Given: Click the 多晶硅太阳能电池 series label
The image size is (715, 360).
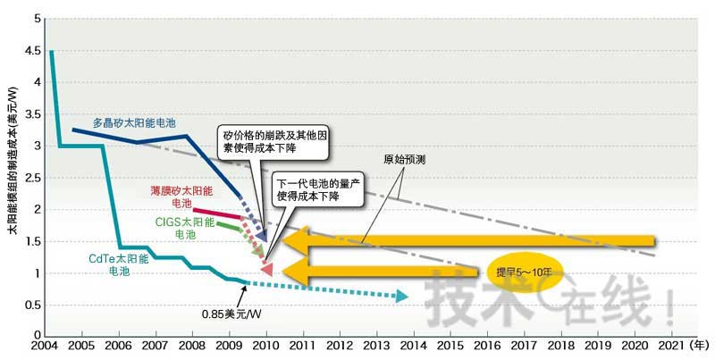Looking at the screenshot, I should (134, 121).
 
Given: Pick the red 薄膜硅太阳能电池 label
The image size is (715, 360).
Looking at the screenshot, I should (182, 197).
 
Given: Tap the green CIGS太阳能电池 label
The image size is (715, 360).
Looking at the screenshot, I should (185, 227).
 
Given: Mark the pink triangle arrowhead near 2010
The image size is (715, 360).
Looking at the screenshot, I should (266, 266).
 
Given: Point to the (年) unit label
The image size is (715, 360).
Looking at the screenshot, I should (702, 345).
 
